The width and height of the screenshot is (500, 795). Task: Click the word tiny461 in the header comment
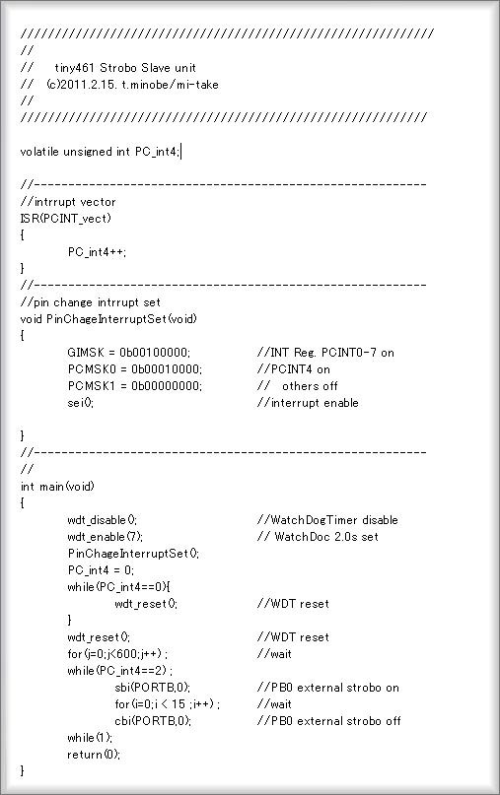[x=75, y=68]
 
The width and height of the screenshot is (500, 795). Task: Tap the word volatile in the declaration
[x=39, y=152]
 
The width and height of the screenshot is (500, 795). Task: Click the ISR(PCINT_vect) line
[x=65, y=219]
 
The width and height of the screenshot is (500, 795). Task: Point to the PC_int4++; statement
[x=97, y=252]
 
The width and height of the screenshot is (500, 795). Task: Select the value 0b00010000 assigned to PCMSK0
[x=166, y=369]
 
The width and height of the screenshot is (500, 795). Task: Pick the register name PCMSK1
[x=92, y=386]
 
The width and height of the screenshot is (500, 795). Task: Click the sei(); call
[x=80, y=403]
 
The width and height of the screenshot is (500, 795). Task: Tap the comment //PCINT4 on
[x=294, y=369]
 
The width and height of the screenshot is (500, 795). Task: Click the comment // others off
[x=297, y=386]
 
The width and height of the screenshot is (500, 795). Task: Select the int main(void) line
[x=57, y=487]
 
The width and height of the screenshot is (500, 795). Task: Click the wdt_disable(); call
[x=102, y=520]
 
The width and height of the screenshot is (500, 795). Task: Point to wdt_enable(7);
[x=105, y=537]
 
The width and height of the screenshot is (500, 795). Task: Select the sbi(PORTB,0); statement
[x=152, y=687]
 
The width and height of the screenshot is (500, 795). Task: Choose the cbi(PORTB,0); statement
[x=153, y=720]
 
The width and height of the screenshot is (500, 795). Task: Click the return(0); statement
[x=94, y=754]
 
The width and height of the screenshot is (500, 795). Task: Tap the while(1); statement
[x=90, y=737]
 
